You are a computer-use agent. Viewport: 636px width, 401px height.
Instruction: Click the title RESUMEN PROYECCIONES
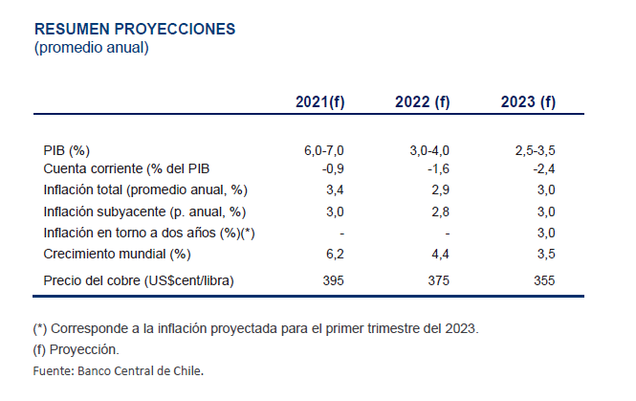coord(134,28)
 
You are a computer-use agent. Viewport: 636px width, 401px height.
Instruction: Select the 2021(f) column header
coord(320,102)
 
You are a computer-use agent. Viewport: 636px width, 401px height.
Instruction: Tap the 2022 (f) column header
coord(423,102)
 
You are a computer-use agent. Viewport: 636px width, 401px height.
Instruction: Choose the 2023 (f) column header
coord(528,102)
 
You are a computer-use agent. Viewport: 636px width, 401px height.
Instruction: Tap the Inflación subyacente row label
coord(144,212)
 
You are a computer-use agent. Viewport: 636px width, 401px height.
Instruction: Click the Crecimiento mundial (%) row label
coord(118,254)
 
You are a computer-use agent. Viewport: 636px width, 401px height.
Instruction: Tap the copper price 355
coord(542,280)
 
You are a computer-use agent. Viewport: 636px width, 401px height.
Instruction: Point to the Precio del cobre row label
coord(139,280)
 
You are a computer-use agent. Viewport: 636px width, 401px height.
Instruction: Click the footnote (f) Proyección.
coord(76,349)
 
